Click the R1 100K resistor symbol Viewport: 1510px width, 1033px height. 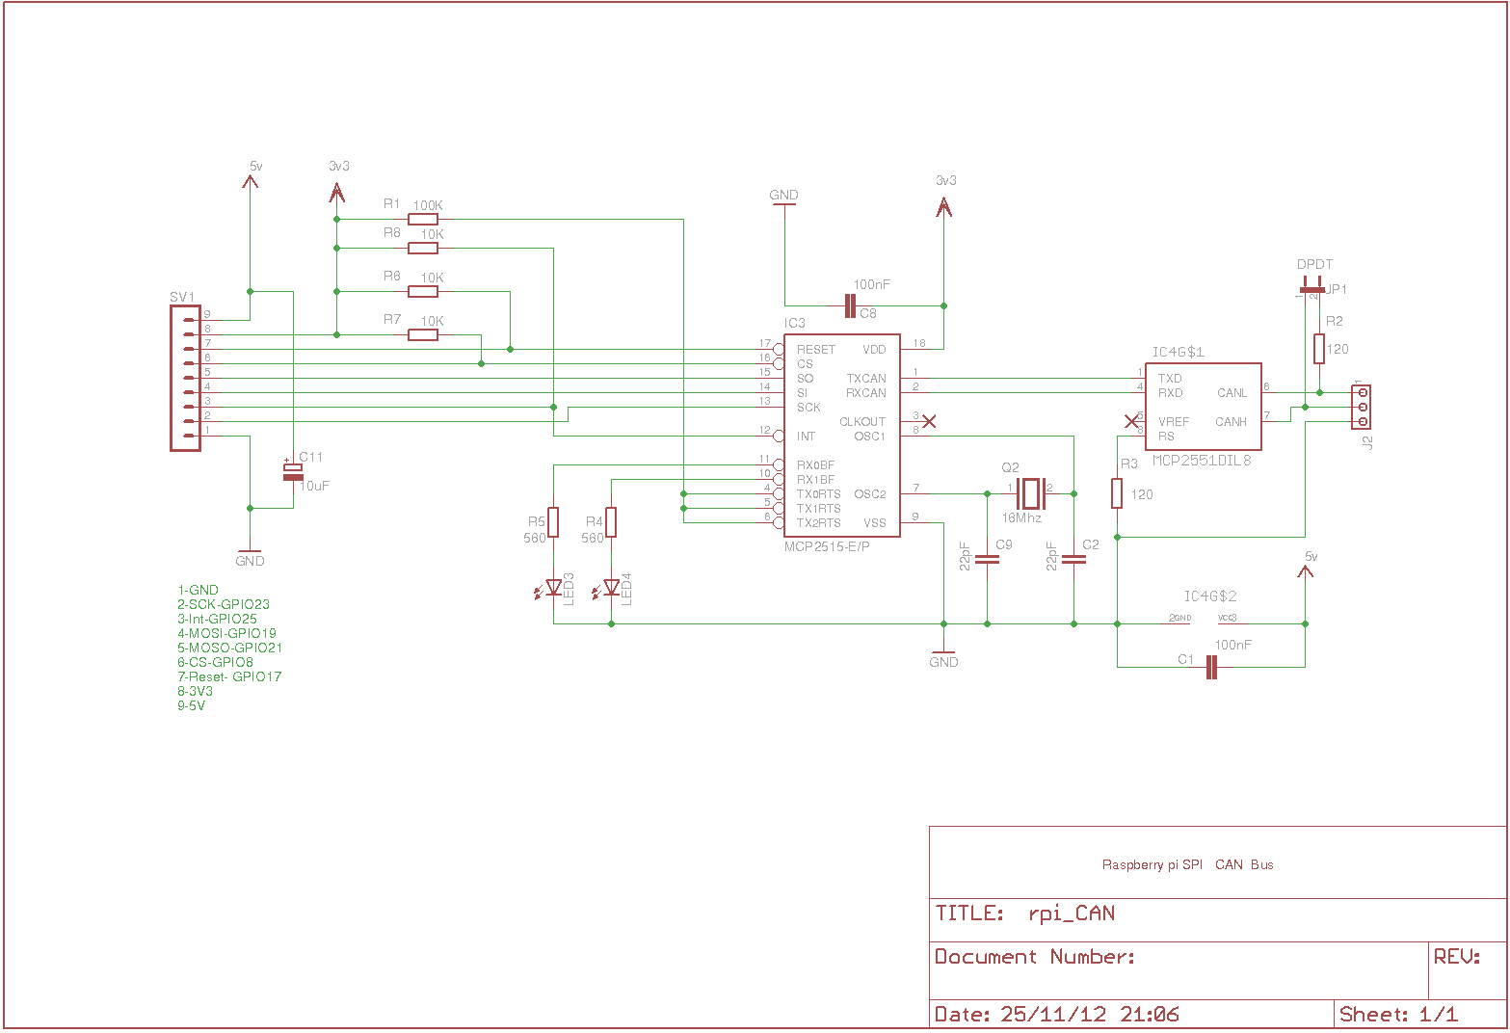(x=423, y=219)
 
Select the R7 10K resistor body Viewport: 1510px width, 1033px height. (x=423, y=334)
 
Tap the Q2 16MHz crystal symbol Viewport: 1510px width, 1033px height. (x=1031, y=493)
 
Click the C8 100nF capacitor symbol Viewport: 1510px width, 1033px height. (x=849, y=306)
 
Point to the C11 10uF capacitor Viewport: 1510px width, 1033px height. (x=293, y=471)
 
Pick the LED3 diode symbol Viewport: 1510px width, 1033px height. (x=553, y=588)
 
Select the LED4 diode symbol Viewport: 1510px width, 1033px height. (x=611, y=588)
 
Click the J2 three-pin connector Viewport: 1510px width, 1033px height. (x=1362, y=407)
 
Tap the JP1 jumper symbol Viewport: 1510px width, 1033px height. (x=1311, y=288)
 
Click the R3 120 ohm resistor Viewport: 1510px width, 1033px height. (x=1117, y=493)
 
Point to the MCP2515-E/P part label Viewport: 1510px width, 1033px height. (x=827, y=546)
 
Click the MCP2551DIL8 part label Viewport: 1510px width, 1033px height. (x=1202, y=461)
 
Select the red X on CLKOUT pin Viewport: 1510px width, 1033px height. (x=929, y=421)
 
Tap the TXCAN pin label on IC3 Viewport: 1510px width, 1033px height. (x=865, y=379)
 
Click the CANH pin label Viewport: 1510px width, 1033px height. (x=1231, y=422)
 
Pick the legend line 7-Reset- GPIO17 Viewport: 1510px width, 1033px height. (x=229, y=676)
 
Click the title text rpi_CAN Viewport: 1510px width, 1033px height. (x=1072, y=914)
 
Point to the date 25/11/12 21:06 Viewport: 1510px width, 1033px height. (x=1089, y=1014)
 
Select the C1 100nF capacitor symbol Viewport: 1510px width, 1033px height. (x=1212, y=667)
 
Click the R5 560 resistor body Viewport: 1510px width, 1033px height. (x=553, y=522)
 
